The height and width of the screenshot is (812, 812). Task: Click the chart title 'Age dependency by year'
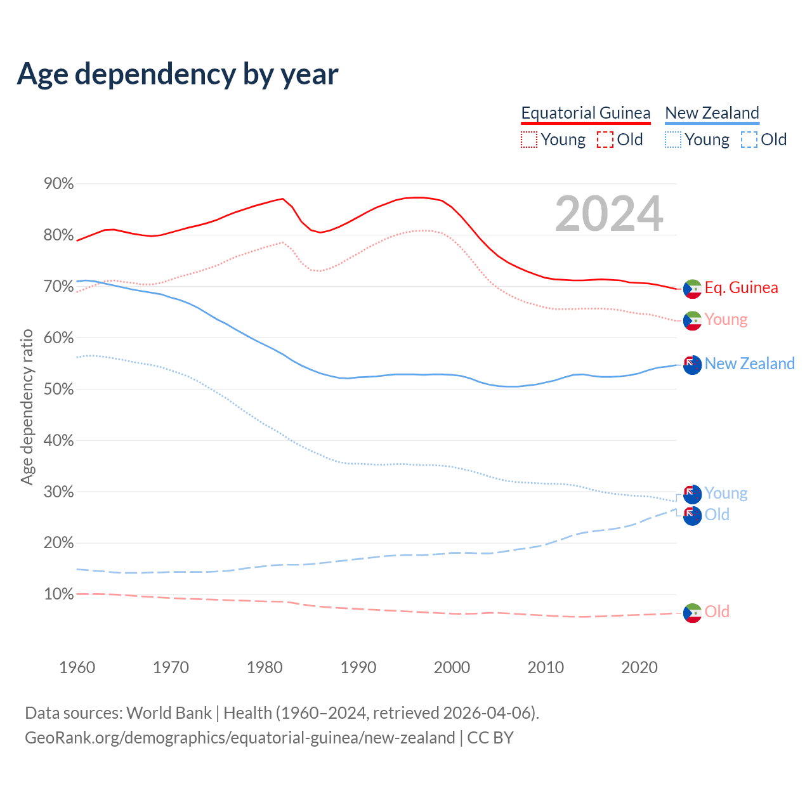tap(178, 74)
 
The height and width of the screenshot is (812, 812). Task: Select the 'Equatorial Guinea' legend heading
tap(586, 113)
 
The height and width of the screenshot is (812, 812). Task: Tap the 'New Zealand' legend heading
tap(712, 113)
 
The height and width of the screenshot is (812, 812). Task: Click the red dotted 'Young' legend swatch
tap(529, 140)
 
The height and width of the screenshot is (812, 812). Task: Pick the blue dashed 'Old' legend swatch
tap(749, 140)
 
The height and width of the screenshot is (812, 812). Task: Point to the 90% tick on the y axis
tap(59, 184)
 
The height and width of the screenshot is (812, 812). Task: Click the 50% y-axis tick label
tap(59, 389)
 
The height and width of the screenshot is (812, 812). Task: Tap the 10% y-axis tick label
tap(59, 594)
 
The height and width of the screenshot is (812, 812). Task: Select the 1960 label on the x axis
tap(77, 667)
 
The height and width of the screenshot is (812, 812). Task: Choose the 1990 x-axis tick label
tap(358, 667)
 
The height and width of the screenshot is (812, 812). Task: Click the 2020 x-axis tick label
tap(639, 667)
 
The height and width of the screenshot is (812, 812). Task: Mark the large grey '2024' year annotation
tap(609, 214)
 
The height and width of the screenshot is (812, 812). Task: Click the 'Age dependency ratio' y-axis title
tap(27, 407)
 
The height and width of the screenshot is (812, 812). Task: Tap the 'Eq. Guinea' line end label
tap(741, 287)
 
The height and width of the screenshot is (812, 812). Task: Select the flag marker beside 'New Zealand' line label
tap(692, 365)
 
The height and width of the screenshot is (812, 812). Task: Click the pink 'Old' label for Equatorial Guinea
tap(717, 612)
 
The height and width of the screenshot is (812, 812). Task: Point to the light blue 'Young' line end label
tap(726, 493)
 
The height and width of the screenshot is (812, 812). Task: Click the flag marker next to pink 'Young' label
tap(692, 320)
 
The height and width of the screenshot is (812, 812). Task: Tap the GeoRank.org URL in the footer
tap(240, 738)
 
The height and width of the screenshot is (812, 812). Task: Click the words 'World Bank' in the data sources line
tap(169, 713)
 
